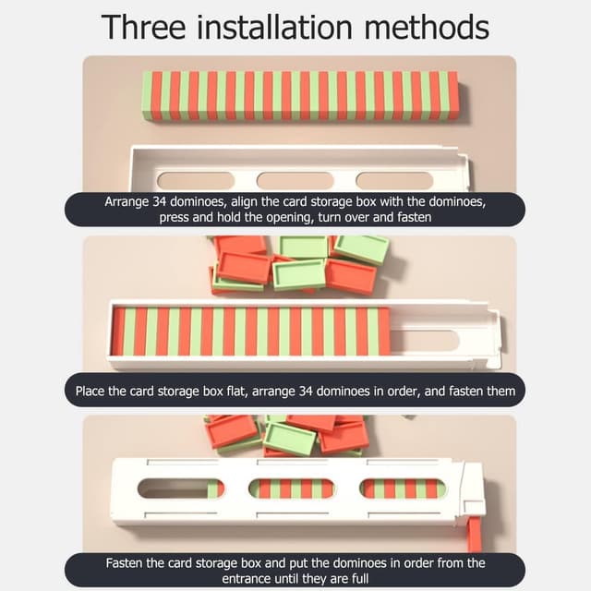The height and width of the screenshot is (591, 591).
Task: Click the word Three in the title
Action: point(144,27)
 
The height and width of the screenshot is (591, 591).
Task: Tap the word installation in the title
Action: point(275,27)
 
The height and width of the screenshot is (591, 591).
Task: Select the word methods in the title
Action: point(427,27)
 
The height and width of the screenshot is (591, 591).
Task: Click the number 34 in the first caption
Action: point(159,201)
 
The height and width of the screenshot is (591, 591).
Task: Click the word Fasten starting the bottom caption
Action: point(124,562)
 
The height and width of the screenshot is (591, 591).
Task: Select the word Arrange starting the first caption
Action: point(127,202)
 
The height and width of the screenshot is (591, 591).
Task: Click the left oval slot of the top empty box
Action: point(196,181)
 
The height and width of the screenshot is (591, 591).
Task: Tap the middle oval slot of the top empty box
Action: point(295,181)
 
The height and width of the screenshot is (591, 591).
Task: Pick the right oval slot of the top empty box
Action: point(394,181)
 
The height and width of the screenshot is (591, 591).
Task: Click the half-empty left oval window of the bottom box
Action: point(181,488)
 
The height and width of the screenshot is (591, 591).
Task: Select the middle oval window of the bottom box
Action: point(292,488)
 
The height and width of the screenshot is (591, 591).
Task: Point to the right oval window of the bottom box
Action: point(403,488)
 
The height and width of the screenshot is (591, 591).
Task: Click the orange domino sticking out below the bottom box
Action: point(475,533)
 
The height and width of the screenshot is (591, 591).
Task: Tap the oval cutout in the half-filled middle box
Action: point(425,341)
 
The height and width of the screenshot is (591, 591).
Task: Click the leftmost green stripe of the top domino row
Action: point(147,95)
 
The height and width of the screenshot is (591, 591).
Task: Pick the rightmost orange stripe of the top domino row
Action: point(453,95)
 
